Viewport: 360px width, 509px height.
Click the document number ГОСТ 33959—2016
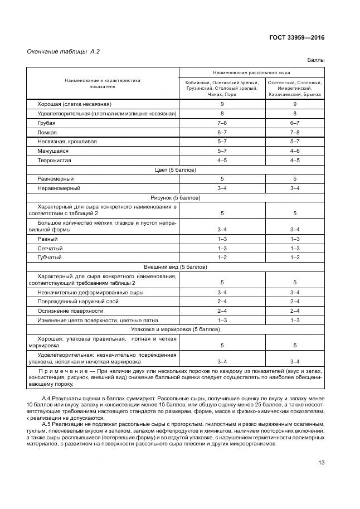(x=296, y=38)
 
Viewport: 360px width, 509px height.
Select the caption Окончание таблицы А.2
(x=60, y=52)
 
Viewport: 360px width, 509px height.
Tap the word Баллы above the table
(x=315, y=60)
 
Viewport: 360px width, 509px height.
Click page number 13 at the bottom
(x=321, y=463)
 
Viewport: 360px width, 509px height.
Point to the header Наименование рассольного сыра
(x=251, y=73)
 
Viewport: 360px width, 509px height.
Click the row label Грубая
(x=46, y=123)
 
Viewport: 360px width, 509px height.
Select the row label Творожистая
(x=54, y=160)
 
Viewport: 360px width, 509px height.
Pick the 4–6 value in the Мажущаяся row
(x=295, y=151)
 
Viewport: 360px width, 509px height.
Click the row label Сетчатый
(x=50, y=248)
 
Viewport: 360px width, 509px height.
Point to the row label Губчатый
(x=49, y=258)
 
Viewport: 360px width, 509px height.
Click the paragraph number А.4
(x=47, y=399)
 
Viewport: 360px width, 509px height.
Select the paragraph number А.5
(x=47, y=424)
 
